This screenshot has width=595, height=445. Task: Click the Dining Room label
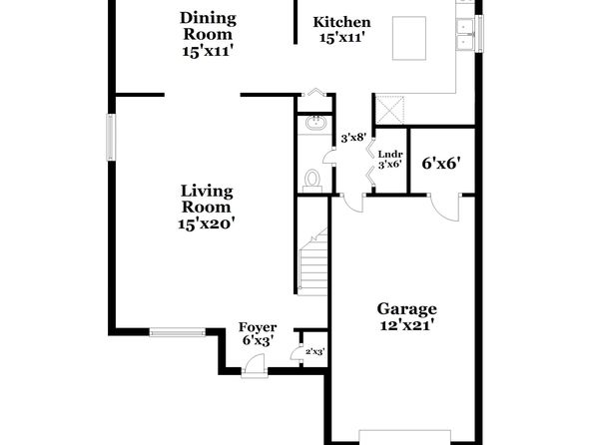coord(208,34)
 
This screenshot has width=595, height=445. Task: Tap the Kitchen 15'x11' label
coord(341,30)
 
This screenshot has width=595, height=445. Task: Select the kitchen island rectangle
coord(408,38)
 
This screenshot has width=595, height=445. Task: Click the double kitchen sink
coord(465,35)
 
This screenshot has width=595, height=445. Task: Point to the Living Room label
coord(206,208)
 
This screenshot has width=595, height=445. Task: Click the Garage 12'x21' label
coord(406,316)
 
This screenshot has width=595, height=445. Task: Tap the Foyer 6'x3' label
coord(258,334)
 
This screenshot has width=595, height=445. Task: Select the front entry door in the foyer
coord(255,365)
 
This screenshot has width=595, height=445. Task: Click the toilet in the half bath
coord(312,181)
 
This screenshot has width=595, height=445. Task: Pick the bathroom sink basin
coord(315,123)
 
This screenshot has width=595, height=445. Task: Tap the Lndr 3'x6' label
coord(390,160)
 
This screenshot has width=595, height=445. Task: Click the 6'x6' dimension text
coord(441,163)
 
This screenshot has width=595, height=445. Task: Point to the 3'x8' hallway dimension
coord(353,138)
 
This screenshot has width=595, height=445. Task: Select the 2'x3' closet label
coord(314,351)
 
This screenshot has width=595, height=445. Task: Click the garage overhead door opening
coord(405,437)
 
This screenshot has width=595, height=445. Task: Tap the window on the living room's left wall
coord(111,138)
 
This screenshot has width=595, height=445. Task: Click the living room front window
coord(178,333)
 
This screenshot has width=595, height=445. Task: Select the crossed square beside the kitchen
coord(389,110)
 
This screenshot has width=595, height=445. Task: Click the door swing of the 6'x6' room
coord(444,208)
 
